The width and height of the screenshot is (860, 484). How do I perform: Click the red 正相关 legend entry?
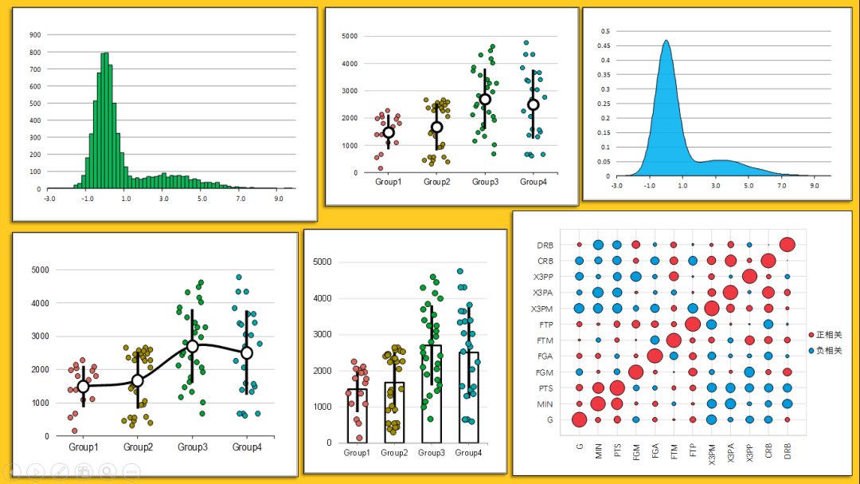(x=824, y=335)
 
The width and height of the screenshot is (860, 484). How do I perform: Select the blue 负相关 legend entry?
(x=824, y=351)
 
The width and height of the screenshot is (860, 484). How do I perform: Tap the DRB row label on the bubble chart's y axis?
(x=545, y=246)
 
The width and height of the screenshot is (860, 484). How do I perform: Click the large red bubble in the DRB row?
(x=788, y=245)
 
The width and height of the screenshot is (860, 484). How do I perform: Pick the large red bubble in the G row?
(x=579, y=419)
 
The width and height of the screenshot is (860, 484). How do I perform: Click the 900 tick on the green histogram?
(x=34, y=35)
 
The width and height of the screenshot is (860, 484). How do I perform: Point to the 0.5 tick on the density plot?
(x=605, y=31)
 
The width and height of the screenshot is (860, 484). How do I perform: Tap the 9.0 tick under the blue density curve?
(x=814, y=185)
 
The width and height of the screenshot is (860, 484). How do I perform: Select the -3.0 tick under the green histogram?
(x=49, y=199)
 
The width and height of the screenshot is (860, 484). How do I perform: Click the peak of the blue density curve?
(x=666, y=41)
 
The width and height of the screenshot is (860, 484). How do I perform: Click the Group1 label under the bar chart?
(x=357, y=453)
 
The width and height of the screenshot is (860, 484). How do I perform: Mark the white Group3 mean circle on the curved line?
(x=192, y=346)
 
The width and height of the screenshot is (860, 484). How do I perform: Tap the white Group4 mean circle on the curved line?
(x=247, y=352)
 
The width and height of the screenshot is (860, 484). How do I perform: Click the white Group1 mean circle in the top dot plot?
(x=389, y=133)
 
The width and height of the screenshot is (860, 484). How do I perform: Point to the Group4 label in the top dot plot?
(x=533, y=183)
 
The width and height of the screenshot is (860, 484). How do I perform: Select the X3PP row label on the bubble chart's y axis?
(x=544, y=277)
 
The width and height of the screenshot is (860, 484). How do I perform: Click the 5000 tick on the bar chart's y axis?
(x=322, y=262)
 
